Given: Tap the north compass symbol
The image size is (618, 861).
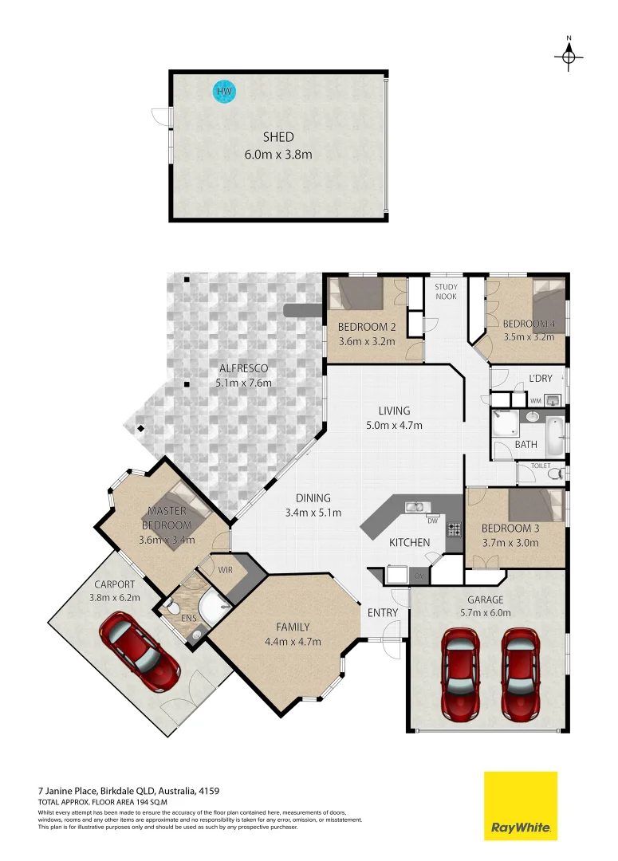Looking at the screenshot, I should coord(569,56).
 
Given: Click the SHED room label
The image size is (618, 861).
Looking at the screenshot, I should coord(278,137).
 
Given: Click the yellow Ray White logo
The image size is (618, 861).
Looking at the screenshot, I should coord(521,805).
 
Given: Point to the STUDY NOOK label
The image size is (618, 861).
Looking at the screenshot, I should coord(446,291).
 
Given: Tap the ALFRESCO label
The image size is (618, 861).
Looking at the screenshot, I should coord(243,368).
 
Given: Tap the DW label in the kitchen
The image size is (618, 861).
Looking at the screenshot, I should coord(431,521).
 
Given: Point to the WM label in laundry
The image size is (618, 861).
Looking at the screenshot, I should coord(536,399).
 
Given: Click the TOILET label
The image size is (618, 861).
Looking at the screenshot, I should coord(541,466).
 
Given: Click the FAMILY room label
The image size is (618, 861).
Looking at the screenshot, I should coord(293,627).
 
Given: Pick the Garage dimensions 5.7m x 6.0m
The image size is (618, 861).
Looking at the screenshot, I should coord(485,613).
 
